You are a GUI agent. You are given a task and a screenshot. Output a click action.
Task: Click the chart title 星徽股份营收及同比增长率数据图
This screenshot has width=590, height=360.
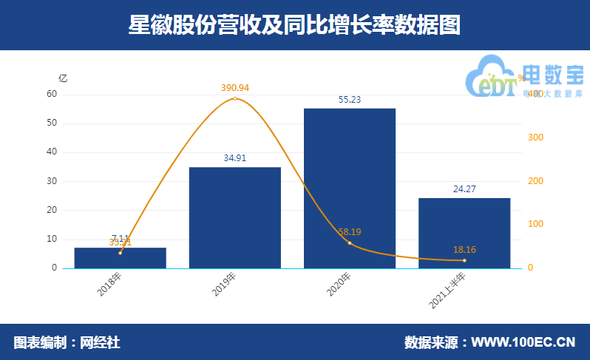294,25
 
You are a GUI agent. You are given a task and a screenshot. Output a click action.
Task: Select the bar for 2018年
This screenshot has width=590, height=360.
120,259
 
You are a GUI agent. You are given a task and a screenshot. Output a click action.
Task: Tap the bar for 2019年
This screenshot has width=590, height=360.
234,218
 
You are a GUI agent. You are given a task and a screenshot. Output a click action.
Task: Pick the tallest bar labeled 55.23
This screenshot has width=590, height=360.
349,189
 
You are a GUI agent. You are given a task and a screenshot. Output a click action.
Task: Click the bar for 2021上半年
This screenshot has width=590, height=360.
464,233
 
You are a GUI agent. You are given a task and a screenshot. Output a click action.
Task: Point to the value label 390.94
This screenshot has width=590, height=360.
234,88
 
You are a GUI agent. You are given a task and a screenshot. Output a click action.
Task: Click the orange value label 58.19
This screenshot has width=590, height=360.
350,231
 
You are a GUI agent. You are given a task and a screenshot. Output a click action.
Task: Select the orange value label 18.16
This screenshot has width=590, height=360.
464,250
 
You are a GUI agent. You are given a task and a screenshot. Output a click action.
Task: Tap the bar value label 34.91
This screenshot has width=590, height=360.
234,157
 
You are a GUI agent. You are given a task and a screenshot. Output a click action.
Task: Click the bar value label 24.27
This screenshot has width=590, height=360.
464,189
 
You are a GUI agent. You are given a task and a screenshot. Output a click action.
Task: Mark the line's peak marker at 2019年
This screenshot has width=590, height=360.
234,98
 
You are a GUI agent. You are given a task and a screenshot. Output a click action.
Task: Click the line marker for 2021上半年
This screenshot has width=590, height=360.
464,260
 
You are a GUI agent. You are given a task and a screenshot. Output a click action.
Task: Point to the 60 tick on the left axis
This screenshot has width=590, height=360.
52,94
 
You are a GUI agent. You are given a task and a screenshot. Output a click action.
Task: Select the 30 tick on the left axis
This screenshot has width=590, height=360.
52,181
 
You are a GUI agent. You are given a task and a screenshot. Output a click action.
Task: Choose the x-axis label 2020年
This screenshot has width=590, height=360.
339,285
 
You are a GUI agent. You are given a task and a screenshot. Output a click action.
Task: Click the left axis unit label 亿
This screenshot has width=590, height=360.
63,78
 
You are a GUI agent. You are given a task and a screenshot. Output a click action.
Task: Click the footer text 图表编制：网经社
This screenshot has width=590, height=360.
67,342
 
